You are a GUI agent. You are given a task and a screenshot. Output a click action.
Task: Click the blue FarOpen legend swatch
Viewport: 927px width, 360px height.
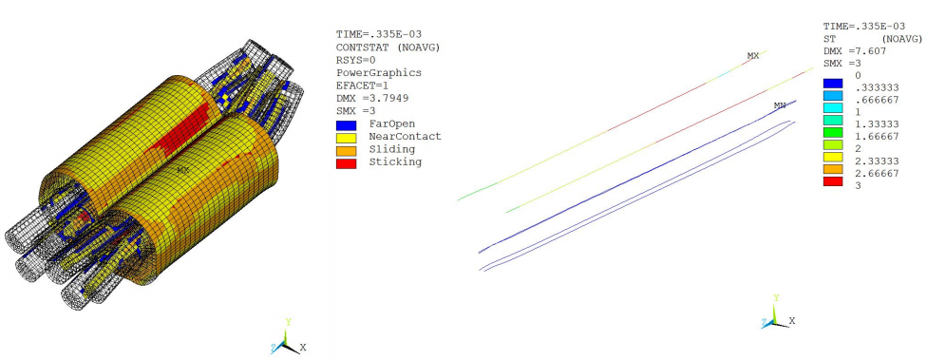(x=346, y=124)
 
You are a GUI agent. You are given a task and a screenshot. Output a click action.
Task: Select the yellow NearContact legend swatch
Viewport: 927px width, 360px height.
(x=346, y=137)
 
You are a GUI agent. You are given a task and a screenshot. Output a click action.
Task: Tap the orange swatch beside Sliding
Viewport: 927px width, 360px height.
(x=346, y=149)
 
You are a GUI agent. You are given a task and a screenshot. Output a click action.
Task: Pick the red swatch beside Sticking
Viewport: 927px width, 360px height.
(x=346, y=161)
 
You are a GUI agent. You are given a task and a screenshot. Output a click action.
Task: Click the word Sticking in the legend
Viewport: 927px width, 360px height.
(x=399, y=161)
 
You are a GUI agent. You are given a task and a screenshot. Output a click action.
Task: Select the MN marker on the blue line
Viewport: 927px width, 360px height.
(x=780, y=105)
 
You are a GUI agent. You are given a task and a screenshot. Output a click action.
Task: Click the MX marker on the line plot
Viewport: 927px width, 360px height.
(x=752, y=56)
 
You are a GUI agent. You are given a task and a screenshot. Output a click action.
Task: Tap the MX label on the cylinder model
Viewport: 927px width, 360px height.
(x=183, y=171)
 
